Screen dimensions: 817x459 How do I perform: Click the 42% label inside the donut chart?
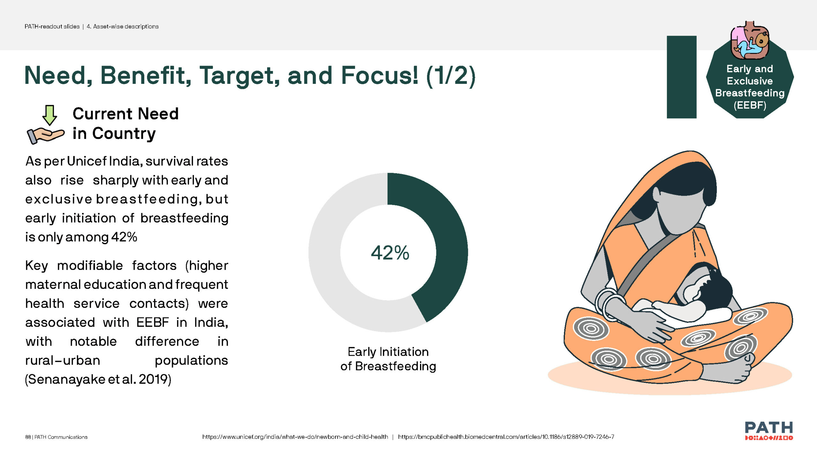tap(390, 253)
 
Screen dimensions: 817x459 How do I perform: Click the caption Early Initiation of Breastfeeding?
tap(388, 359)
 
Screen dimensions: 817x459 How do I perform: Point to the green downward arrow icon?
tap(50, 115)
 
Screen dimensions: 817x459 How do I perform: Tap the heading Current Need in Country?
tap(125, 123)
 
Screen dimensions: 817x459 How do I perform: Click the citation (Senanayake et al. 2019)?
tap(98, 379)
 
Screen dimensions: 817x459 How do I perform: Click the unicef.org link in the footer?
tap(295, 437)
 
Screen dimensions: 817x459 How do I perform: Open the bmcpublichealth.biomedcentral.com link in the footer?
tap(506, 437)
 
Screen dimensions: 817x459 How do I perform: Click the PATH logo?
tap(769, 430)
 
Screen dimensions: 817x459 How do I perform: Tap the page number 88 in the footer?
tap(28, 437)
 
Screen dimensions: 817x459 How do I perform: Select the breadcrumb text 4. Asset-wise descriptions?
tap(123, 26)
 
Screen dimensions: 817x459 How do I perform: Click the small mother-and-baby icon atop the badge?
tap(750, 40)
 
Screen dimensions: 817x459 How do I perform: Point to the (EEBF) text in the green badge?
tap(750, 105)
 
